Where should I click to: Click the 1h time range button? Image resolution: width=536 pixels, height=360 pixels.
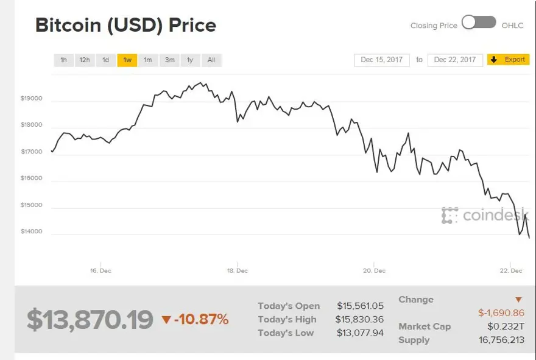click(63, 60)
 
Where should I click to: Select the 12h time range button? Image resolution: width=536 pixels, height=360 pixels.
click(85, 60)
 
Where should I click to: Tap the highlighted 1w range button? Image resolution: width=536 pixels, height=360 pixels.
click(127, 60)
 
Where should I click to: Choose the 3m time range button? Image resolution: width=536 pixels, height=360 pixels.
click(169, 60)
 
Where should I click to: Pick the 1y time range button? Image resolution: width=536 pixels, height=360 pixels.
click(190, 60)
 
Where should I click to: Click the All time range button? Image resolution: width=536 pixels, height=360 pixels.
click(211, 60)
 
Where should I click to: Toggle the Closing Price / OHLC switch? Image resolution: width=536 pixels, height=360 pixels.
click(479, 23)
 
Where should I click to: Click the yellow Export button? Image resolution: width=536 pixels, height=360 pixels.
click(508, 60)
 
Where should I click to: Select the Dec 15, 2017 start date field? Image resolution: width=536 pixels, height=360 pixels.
click(382, 60)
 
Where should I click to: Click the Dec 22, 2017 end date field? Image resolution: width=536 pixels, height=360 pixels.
click(455, 60)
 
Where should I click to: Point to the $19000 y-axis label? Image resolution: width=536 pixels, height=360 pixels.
click(31, 98)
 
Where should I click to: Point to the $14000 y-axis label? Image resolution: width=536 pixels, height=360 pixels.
click(31, 231)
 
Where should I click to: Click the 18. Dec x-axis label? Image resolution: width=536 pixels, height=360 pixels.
click(238, 270)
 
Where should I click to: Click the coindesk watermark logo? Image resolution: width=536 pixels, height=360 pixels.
click(485, 216)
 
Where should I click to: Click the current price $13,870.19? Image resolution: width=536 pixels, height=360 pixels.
click(90, 320)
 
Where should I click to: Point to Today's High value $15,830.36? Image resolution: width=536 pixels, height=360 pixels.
click(359, 319)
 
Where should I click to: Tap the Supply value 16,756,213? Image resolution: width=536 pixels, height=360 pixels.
click(493, 340)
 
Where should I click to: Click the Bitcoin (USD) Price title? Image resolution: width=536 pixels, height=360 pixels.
click(125, 26)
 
